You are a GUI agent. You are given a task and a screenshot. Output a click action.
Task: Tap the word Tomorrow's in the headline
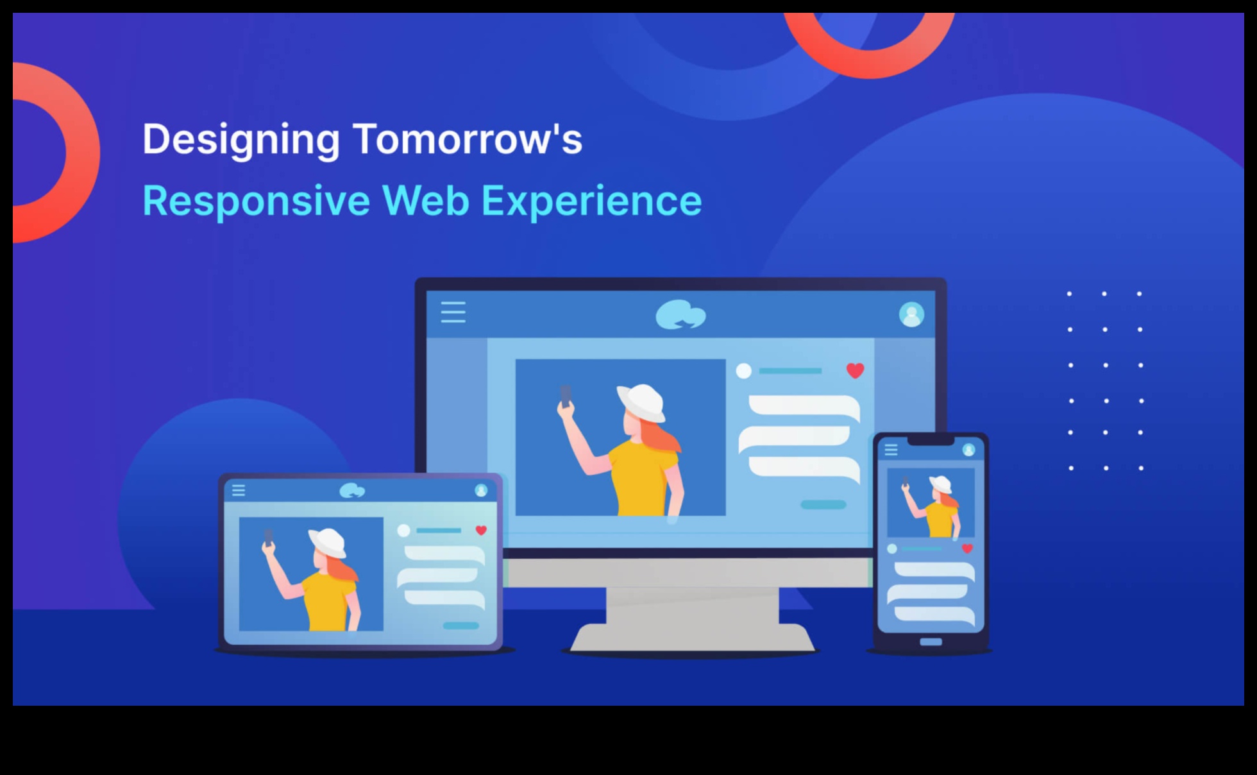(468, 139)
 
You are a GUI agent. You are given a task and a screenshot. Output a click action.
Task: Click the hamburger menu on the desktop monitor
(453, 312)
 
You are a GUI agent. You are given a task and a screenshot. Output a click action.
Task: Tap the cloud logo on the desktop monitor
(680, 315)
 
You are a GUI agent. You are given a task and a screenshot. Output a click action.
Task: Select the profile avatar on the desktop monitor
(911, 314)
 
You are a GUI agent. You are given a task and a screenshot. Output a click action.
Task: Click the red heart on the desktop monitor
(855, 371)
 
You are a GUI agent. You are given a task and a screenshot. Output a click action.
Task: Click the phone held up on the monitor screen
(566, 396)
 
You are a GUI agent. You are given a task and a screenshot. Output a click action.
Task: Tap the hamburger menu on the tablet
(239, 491)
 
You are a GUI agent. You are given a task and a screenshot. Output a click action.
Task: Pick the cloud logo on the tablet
(352, 491)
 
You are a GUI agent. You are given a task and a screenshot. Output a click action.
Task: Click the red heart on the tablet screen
(481, 531)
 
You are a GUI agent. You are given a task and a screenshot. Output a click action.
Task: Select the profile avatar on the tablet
(481, 491)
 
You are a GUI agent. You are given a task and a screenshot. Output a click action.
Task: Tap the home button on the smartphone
(931, 642)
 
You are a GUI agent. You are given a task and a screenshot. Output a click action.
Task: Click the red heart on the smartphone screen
(968, 549)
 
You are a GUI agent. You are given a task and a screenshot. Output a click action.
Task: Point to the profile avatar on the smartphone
(968, 450)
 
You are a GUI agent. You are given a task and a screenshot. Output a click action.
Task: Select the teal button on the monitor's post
(823, 505)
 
